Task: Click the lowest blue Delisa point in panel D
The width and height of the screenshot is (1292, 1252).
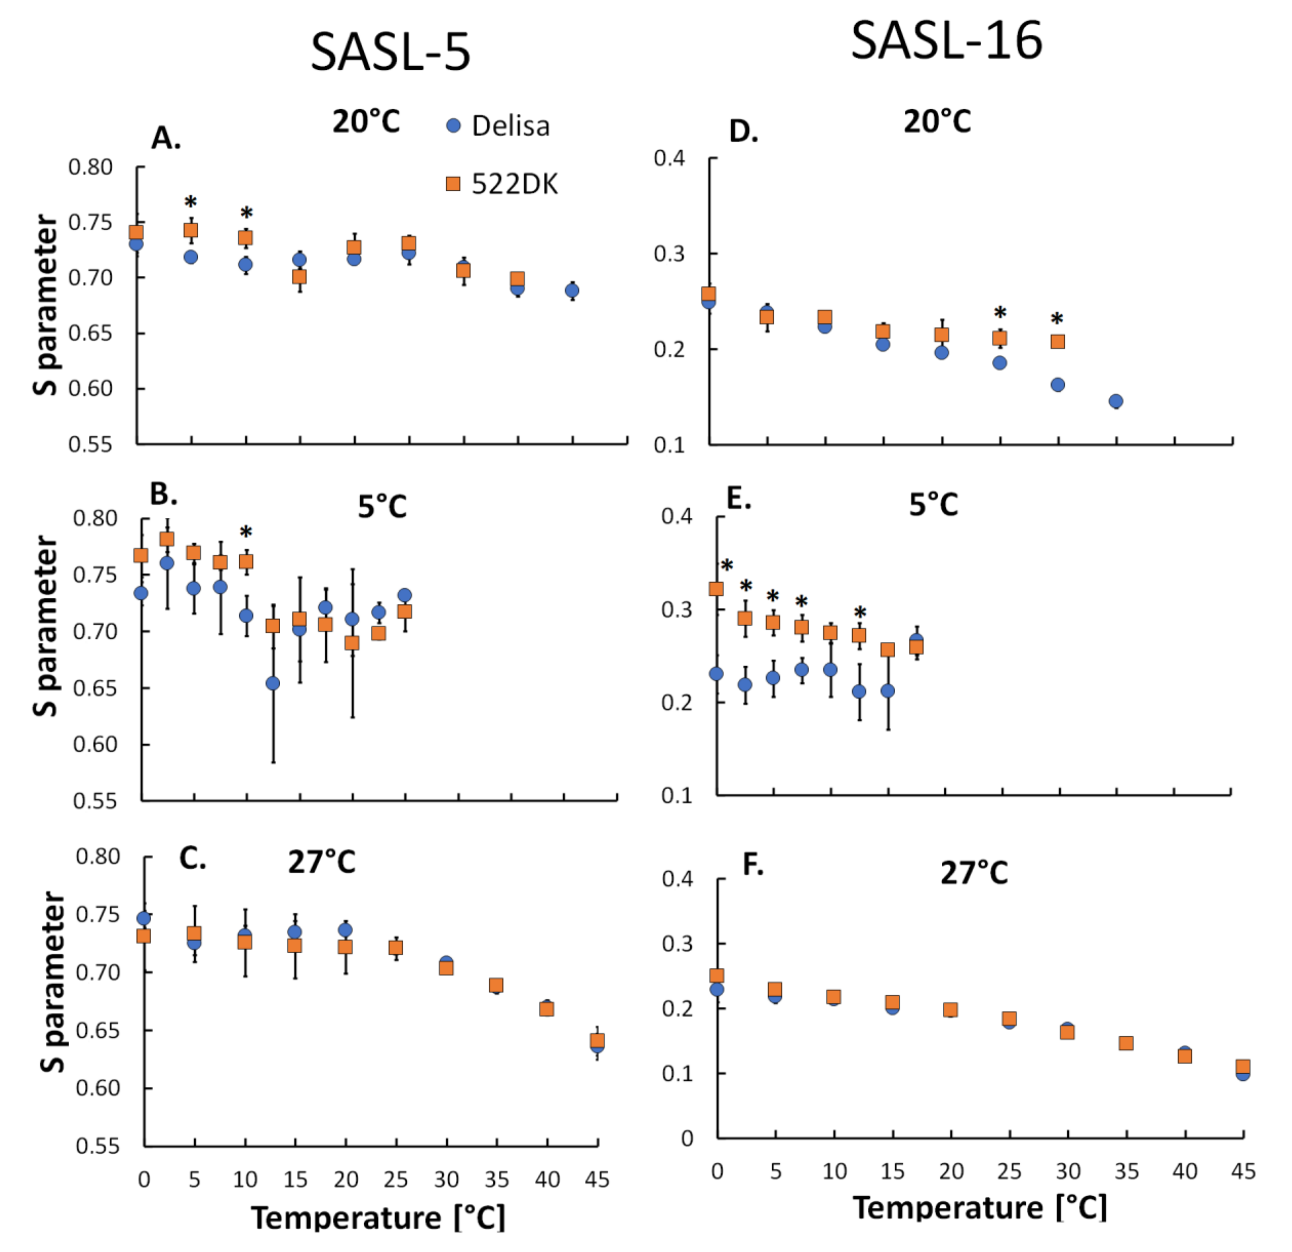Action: coord(1115,401)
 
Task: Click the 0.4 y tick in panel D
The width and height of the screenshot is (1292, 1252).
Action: coord(669,158)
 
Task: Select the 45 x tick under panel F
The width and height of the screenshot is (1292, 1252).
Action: coord(1243,1171)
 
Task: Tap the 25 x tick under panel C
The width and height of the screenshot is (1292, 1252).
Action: coord(395,1179)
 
